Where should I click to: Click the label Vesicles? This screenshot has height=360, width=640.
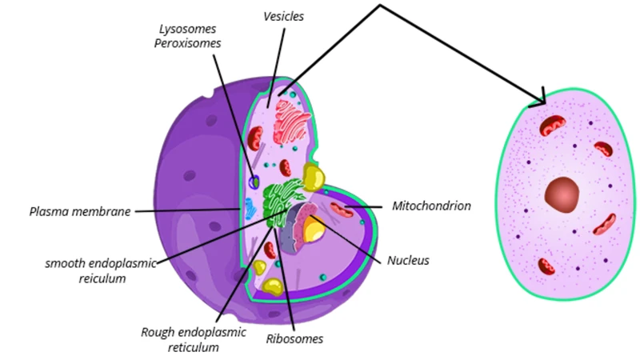(284, 16)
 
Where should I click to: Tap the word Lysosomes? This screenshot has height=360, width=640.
(187, 30)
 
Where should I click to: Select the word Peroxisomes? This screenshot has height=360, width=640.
(187, 43)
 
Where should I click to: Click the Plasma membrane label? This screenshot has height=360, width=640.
(80, 211)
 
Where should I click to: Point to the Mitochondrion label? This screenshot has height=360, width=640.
(431, 206)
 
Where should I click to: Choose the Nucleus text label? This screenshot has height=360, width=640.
(408, 261)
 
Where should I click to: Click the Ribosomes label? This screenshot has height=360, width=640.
(294, 338)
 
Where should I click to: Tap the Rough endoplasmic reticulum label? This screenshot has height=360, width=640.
(194, 339)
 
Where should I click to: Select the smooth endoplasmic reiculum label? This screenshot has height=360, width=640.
(101, 270)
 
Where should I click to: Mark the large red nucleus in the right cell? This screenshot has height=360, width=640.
(562, 194)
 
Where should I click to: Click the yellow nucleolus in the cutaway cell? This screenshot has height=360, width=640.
(314, 229)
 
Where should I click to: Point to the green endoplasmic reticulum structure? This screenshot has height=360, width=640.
(282, 203)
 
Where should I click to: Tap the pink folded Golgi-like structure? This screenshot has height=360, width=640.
(291, 122)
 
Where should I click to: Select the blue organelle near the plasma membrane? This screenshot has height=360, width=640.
(250, 208)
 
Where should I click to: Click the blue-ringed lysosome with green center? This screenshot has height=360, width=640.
(254, 182)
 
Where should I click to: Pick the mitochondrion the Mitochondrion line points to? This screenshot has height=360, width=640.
(342, 210)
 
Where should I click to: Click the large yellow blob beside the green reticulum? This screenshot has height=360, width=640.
(314, 177)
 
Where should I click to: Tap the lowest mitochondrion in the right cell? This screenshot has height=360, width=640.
(546, 266)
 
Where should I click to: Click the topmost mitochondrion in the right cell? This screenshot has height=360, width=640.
(552, 125)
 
